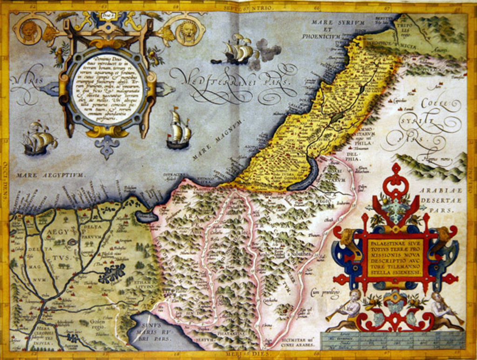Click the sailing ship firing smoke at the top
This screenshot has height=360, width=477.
point(238,50)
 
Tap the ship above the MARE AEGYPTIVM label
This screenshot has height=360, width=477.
point(39,139)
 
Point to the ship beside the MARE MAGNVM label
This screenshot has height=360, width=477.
point(179,130)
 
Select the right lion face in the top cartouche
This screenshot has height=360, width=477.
point(188,31)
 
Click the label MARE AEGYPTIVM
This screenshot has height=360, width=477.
point(50,175)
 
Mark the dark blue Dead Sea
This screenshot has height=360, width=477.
point(307,173)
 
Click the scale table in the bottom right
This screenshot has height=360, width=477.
point(393,340)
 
